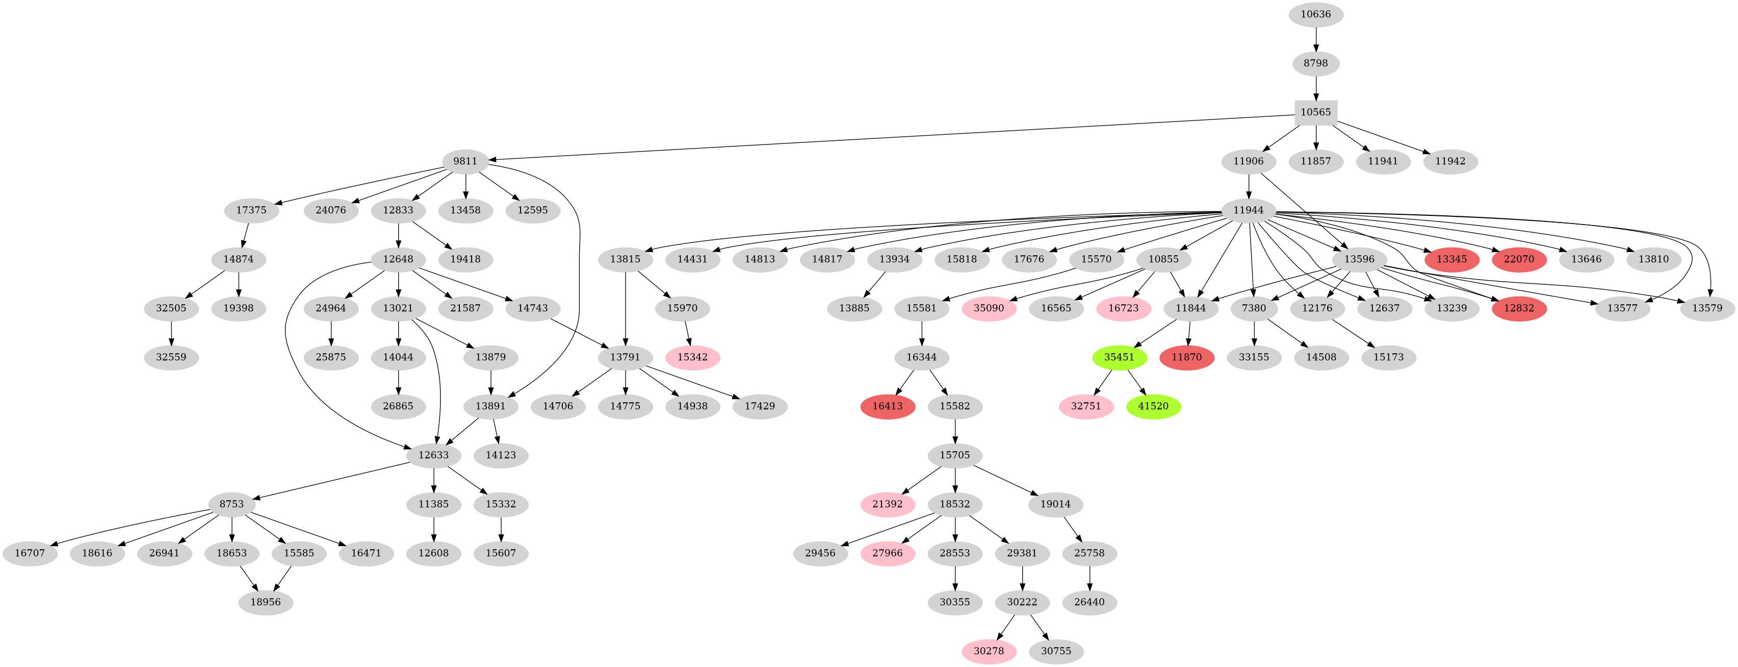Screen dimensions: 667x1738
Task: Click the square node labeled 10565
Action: click(x=1316, y=112)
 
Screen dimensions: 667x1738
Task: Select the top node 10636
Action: click(x=1316, y=14)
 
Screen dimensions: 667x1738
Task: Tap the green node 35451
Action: click(x=1119, y=357)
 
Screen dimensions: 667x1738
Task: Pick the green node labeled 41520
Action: click(x=1153, y=406)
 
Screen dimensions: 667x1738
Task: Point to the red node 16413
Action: click(x=887, y=406)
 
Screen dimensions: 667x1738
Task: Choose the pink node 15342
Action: click(x=692, y=357)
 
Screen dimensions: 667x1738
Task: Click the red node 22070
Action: click(x=1519, y=259)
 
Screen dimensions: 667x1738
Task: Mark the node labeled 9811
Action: click(x=465, y=161)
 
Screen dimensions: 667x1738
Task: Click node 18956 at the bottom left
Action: click(x=265, y=602)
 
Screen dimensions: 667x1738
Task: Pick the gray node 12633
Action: click(x=433, y=455)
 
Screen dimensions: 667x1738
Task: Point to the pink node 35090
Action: click(x=989, y=309)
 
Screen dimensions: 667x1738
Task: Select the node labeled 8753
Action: click(x=231, y=504)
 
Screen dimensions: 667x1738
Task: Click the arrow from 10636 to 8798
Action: click(x=1316, y=39)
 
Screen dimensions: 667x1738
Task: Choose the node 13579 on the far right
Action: click(x=1707, y=309)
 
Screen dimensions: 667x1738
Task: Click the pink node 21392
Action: click(x=887, y=504)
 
